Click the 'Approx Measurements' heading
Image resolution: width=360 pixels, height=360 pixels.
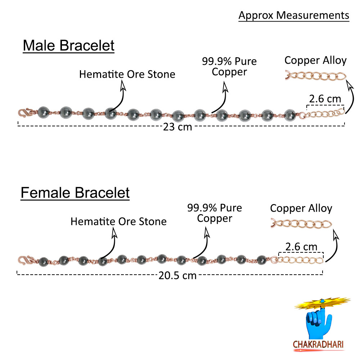coord(294,15)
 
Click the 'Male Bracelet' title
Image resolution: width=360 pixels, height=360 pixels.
coord(68,46)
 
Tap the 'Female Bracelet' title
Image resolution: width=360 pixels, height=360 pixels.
coord(75,193)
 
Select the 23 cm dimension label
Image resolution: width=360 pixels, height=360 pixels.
coord(177,127)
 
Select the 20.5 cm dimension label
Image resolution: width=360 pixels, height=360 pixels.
coord(177,275)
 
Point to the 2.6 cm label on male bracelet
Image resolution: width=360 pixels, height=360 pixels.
coord(325,99)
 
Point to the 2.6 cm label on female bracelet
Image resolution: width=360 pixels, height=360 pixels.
coord(301,247)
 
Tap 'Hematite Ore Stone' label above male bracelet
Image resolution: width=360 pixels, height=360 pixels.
coord(127,74)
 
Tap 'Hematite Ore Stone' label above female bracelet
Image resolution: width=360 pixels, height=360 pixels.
coord(118,221)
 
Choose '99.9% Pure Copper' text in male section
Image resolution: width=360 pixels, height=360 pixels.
coord(229,66)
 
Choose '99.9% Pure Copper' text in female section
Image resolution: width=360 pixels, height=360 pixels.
coord(215,213)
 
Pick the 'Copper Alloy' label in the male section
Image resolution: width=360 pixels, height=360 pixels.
coord(315,60)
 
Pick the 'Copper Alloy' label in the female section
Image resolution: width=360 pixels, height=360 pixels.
coord(301,208)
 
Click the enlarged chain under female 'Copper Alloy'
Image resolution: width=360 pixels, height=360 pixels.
coord(301,224)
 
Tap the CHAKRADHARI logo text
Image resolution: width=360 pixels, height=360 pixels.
coord(318,344)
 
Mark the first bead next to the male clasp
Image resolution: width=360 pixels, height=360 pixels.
coord(43,112)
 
